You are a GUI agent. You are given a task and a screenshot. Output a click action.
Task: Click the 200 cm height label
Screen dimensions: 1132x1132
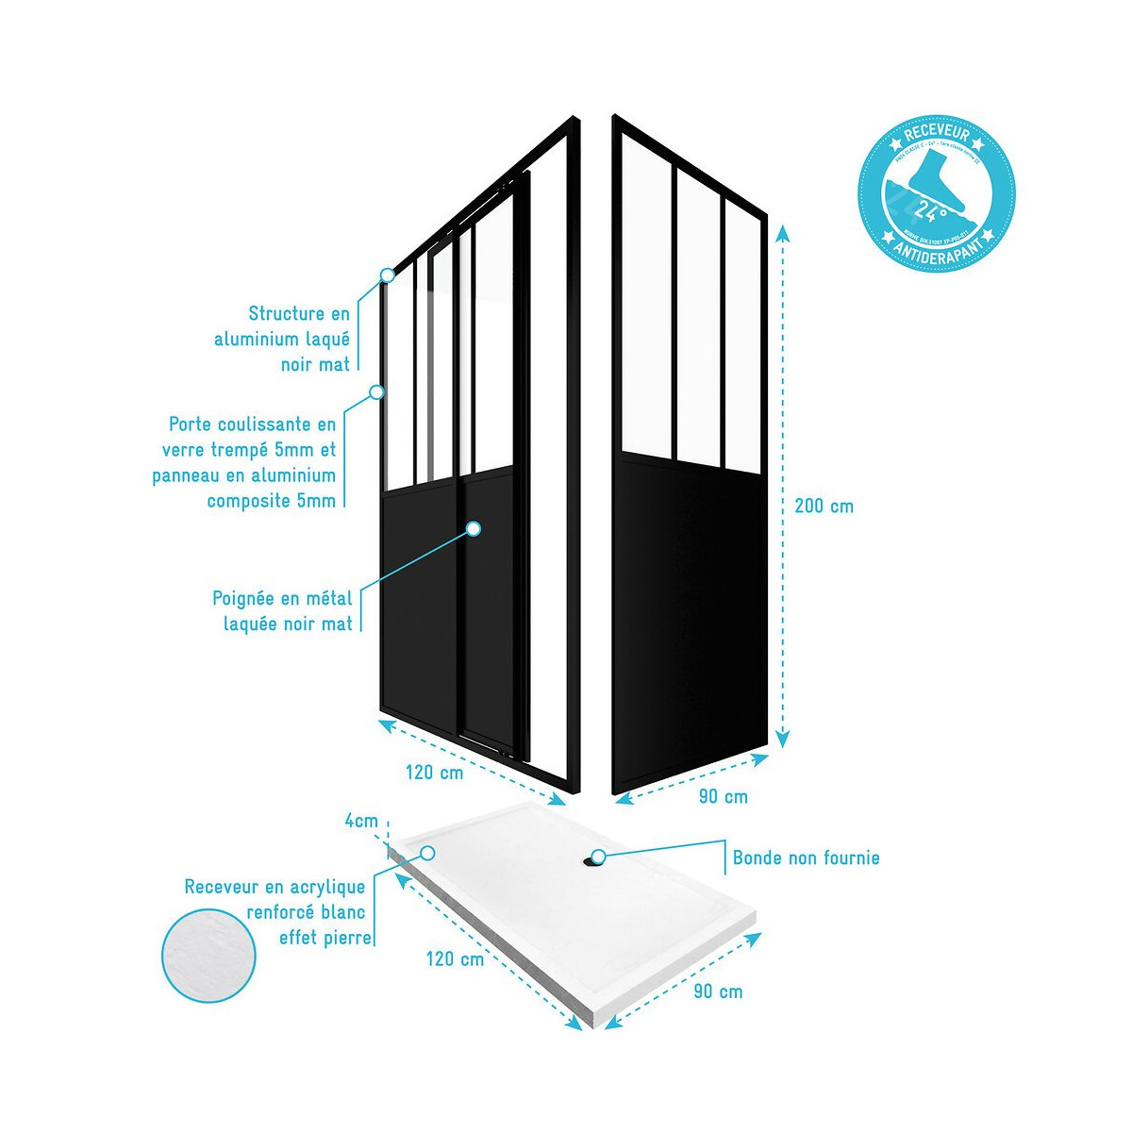tap(824, 506)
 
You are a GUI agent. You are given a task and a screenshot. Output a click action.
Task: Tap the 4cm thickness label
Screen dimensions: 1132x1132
tap(360, 821)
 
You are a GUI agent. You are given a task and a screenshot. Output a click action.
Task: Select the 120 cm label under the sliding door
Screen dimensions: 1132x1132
tap(434, 773)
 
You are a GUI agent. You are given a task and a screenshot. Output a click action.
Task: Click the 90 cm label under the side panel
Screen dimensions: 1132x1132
tap(723, 797)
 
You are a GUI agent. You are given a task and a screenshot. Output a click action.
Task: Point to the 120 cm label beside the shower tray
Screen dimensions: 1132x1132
tap(455, 959)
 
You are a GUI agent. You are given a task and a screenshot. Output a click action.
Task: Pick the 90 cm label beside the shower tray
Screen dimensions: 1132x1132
tap(718, 991)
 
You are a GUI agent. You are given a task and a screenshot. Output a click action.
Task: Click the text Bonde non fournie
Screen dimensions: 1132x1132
tap(806, 858)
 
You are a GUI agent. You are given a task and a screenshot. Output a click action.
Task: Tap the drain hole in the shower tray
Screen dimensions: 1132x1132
tap(596, 857)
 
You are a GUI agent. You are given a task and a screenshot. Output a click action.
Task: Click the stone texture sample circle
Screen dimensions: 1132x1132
tap(208, 955)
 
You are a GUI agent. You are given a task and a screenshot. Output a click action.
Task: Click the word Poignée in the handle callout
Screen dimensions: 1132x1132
tap(244, 598)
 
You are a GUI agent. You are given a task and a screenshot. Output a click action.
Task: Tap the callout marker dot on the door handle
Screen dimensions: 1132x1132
tap(474, 529)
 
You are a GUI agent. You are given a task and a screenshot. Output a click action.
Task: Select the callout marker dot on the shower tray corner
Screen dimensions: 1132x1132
tap(427, 852)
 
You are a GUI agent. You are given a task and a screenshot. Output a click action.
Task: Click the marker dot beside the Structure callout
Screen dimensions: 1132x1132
tap(387, 275)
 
